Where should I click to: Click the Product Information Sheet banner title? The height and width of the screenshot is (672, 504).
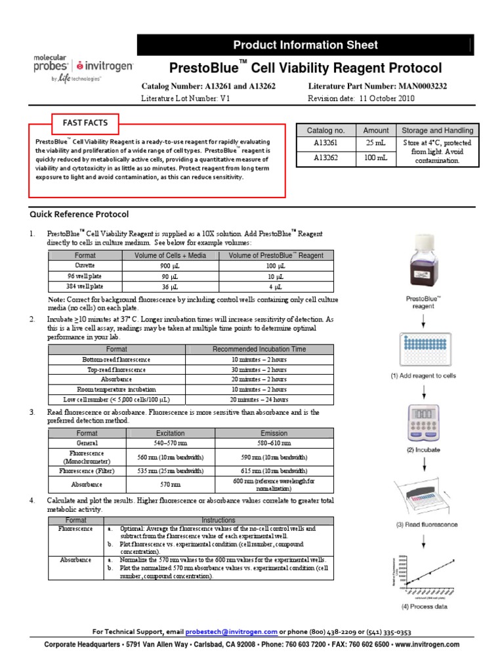pyautogui.click(x=305, y=45)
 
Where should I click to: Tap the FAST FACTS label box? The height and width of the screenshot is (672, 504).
pyautogui.click(x=85, y=123)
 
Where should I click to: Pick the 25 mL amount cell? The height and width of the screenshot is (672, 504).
pyautogui.click(x=375, y=142)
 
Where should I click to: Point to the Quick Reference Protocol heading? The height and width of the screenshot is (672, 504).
pyautogui.click(x=79, y=214)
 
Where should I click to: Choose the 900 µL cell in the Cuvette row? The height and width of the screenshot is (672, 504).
pyautogui.click(x=169, y=266)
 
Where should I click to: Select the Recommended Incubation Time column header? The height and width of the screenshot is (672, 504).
pyautogui.click(x=259, y=349)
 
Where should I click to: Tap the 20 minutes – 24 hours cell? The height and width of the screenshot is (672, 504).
pyautogui.click(x=259, y=399)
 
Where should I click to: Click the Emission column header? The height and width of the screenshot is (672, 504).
pyautogui.click(x=274, y=433)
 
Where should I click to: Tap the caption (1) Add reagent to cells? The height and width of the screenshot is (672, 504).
pyautogui.click(x=423, y=375)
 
